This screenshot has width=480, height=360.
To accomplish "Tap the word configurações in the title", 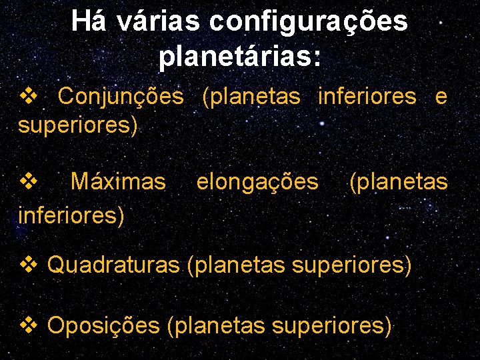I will click(x=308, y=23).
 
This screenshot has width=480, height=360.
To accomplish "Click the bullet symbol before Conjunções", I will click(x=29, y=96).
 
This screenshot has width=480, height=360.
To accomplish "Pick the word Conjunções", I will click(x=121, y=97).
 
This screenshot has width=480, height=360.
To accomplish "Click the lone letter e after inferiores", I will click(x=441, y=97).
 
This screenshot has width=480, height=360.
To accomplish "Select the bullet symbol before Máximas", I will click(x=29, y=181).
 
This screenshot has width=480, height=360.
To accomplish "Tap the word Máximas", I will click(x=118, y=181).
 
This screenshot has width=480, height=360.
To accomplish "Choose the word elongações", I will click(x=257, y=182).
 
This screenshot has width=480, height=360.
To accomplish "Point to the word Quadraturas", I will click(x=113, y=266).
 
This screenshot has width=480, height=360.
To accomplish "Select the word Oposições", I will click(x=104, y=326).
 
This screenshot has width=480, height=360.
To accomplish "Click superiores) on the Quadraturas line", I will click(x=351, y=267).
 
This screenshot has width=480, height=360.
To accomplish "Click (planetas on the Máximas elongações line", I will click(x=399, y=182).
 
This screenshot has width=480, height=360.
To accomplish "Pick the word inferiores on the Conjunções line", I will click(x=367, y=97).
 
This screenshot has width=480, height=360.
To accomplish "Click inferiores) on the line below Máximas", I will click(x=71, y=215).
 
